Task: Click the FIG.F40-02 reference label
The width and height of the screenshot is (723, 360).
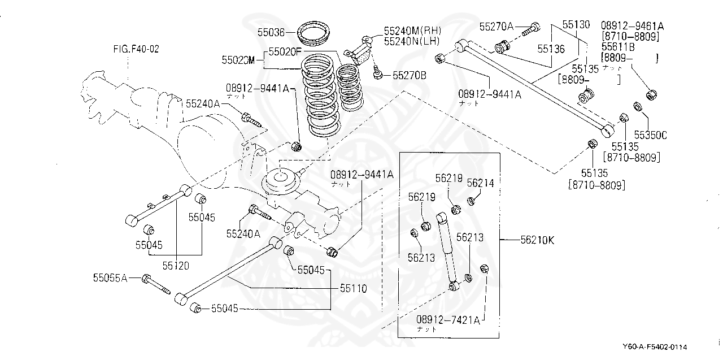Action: (x=136, y=49)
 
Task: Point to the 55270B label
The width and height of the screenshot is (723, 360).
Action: (x=410, y=74)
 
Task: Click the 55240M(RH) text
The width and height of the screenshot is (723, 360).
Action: (x=412, y=30)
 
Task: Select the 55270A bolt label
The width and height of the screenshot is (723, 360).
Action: (x=496, y=26)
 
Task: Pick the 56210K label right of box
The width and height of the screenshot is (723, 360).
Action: (x=537, y=240)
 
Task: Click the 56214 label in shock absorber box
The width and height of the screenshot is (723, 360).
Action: (x=480, y=183)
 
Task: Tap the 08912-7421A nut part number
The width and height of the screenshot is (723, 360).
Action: (x=448, y=320)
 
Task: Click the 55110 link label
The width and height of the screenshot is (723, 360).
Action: (x=353, y=288)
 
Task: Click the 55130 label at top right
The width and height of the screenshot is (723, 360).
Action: (x=576, y=25)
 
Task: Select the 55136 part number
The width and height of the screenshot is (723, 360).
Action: (x=551, y=49)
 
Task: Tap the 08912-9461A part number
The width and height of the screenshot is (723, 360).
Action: (x=632, y=25)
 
